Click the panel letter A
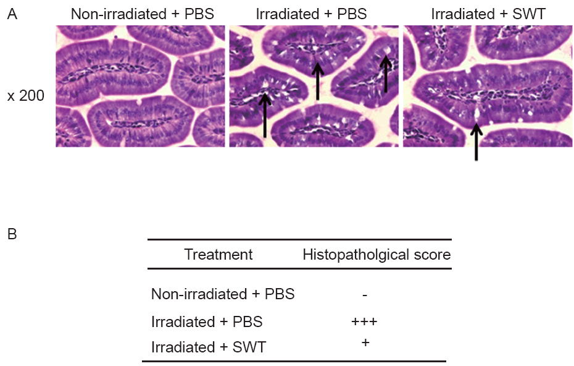(x=12, y=14)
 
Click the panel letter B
(x=12, y=234)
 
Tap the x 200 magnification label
(x=26, y=96)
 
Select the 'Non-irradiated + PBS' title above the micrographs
(x=143, y=14)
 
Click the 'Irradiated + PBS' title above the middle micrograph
(x=311, y=14)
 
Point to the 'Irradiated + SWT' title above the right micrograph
(x=488, y=14)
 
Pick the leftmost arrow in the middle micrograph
(x=265, y=115)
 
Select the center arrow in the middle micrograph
(x=317, y=81)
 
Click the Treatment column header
(x=218, y=255)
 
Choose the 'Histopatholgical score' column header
(x=376, y=255)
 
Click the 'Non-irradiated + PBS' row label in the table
(x=223, y=294)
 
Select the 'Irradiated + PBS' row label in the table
(x=207, y=321)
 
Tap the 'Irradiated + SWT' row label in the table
(x=209, y=347)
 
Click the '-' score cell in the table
(x=365, y=294)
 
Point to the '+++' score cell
(x=364, y=321)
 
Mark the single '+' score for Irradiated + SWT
(x=365, y=343)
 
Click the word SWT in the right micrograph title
(x=529, y=14)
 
